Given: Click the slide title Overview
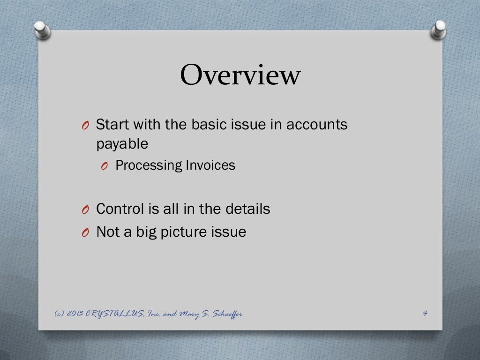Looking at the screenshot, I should tap(240, 75).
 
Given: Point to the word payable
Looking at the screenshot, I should tap(122, 144).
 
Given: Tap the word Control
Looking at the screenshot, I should tap(120, 209).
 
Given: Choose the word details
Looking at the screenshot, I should tap(247, 209).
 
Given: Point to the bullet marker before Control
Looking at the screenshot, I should tap(84, 210).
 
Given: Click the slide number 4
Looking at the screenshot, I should tap(425, 314).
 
